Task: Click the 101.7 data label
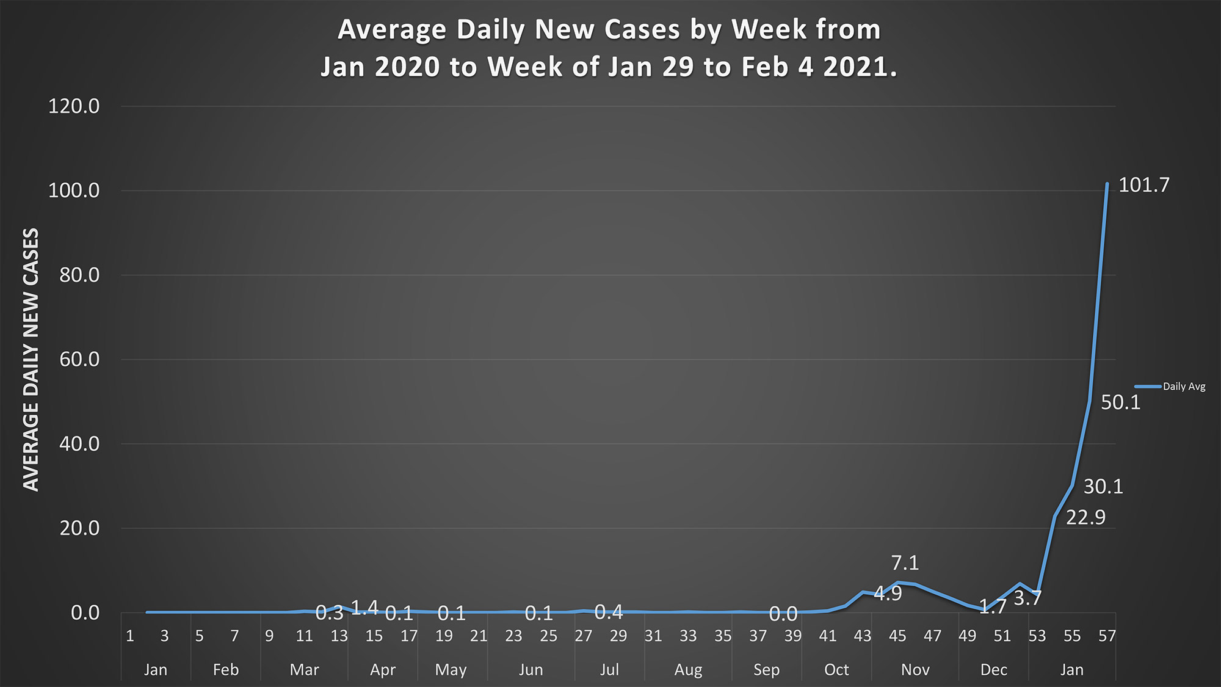(1143, 185)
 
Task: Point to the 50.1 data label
(1120, 402)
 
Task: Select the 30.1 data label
(1103, 487)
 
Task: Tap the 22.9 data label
(1085, 518)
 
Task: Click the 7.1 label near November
(905, 563)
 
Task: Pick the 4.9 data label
(888, 594)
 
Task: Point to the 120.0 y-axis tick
(74, 107)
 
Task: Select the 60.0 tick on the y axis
(79, 360)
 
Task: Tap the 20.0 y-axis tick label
(79, 528)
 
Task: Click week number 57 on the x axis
(1107, 636)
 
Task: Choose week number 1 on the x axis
(129, 636)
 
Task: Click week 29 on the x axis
(618, 636)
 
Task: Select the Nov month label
(915, 670)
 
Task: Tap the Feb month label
(225, 670)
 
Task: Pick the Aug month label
(688, 670)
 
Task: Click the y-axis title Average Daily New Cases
(31, 360)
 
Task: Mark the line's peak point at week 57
(1107, 183)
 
